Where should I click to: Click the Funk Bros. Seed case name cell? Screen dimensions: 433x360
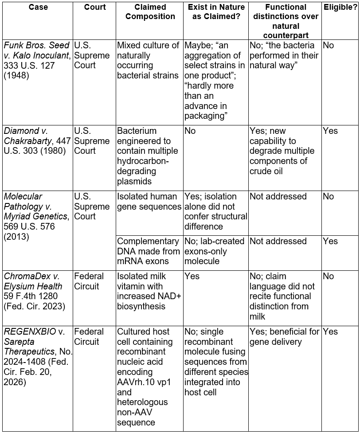tap(37, 60)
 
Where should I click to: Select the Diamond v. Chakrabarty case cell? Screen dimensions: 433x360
tap(37, 141)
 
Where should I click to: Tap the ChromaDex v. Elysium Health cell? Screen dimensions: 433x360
tap(37, 291)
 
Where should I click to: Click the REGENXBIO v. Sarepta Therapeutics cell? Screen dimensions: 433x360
tap(37, 357)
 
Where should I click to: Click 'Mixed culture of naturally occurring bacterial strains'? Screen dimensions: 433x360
tap(149, 60)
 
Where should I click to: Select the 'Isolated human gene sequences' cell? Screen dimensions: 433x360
tap(149, 201)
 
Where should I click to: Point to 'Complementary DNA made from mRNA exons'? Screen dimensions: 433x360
tap(149, 251)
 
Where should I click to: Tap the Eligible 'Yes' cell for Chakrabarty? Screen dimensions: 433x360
tap(330, 131)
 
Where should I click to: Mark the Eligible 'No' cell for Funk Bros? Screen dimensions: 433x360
tap(329, 45)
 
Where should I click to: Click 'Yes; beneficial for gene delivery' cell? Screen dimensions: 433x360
tap(285, 337)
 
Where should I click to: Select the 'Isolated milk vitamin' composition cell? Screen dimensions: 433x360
tap(149, 291)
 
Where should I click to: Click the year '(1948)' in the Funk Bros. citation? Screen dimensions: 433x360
tap(16, 75)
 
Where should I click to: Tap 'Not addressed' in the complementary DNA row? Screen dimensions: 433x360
tap(278, 241)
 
